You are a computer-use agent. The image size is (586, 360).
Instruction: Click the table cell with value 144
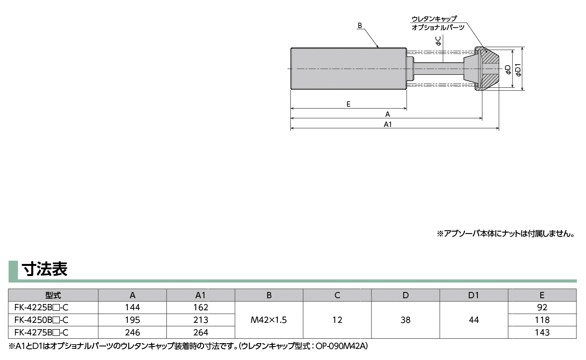point(132,307)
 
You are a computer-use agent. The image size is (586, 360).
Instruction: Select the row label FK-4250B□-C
point(41,320)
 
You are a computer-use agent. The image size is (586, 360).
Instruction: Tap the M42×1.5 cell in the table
point(269,320)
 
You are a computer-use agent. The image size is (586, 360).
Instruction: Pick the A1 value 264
point(201,332)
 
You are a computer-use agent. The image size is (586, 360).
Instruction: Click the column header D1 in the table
point(474,295)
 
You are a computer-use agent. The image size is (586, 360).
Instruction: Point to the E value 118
point(542,320)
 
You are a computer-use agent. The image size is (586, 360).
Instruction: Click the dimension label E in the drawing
point(348,104)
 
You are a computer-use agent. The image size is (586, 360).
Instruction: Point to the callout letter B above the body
point(360,24)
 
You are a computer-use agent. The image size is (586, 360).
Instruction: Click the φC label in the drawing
point(438,41)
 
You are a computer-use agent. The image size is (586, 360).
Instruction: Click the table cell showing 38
point(405,320)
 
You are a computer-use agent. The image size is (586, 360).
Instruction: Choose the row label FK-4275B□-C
point(41,332)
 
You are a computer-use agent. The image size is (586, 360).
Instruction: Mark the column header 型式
point(53,295)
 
